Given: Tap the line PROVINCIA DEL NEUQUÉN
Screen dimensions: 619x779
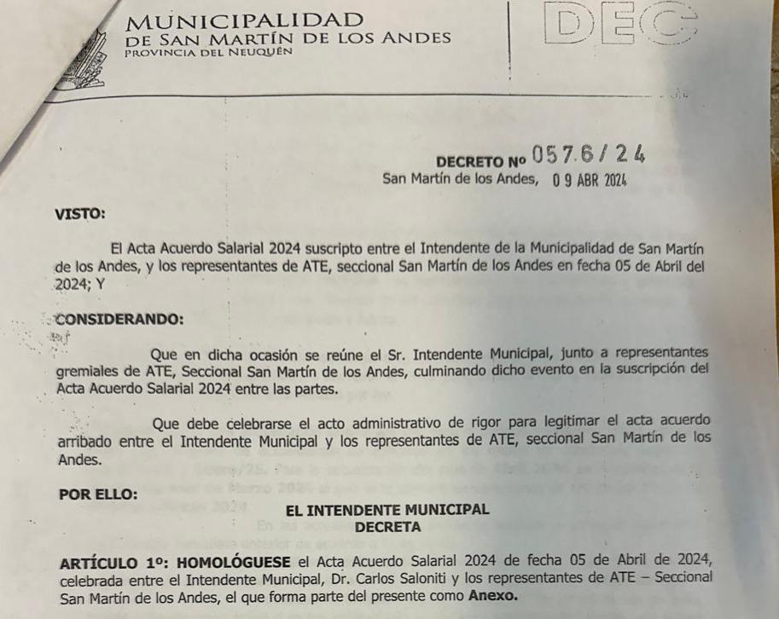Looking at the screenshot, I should pyautogui.click(x=208, y=52).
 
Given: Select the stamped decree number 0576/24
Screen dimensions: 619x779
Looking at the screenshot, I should pyautogui.click(x=589, y=154).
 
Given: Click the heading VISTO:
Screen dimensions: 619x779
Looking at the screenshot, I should pyautogui.click(x=80, y=214).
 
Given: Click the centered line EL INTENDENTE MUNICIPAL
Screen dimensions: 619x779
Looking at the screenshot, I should pyautogui.click(x=387, y=510).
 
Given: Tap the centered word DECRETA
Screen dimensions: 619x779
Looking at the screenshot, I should pyautogui.click(x=388, y=527).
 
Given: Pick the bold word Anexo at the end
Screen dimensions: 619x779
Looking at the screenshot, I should pyautogui.click(x=491, y=596).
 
